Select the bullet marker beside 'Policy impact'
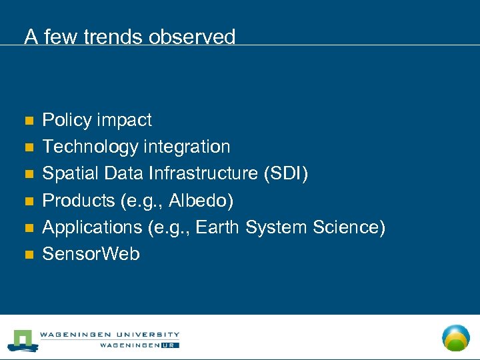(x=28, y=121)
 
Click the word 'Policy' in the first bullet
(x=67, y=120)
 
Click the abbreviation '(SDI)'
(x=286, y=173)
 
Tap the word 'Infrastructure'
(x=203, y=173)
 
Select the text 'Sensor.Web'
(x=91, y=253)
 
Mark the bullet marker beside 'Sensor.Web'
(x=28, y=254)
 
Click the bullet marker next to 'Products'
(x=28, y=201)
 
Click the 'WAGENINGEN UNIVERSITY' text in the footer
(x=109, y=335)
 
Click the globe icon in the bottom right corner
(x=456, y=337)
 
